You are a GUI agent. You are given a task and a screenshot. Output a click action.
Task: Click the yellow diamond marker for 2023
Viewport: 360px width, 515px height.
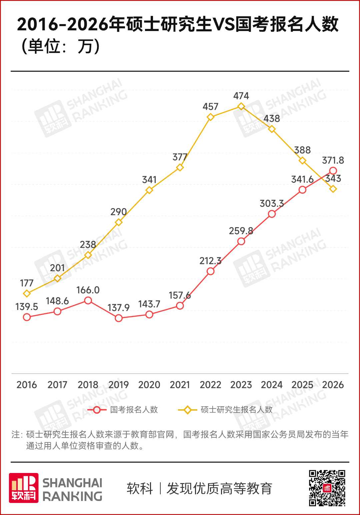click(x=241, y=106)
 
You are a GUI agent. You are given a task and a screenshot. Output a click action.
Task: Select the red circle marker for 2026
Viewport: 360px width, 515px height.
click(x=333, y=171)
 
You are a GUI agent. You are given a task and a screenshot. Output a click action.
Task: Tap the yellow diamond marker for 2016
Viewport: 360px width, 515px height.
click(x=27, y=294)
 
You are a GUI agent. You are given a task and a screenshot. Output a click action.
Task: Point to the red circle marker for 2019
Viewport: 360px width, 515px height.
click(x=119, y=318)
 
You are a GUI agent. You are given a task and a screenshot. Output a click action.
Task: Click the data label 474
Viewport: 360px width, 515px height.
click(x=241, y=96)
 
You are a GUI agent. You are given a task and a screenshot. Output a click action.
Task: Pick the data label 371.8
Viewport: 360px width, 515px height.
click(x=333, y=160)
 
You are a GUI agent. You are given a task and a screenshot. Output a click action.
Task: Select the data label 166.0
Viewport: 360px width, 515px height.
click(x=88, y=290)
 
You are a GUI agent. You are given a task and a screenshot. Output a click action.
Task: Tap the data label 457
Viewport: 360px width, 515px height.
click(x=210, y=107)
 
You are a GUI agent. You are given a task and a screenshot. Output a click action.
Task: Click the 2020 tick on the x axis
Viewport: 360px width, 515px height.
click(x=149, y=385)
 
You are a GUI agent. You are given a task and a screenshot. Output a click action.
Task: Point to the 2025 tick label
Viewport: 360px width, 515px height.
click(x=302, y=385)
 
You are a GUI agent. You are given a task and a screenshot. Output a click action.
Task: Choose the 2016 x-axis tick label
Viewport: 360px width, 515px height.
click(x=27, y=385)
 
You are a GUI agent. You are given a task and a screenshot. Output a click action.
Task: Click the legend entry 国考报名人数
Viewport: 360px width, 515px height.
click(x=134, y=410)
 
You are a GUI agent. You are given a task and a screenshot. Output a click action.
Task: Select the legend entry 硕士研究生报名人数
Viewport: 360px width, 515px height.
click(x=236, y=410)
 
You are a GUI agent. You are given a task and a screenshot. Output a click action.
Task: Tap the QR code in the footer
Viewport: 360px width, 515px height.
click(x=327, y=488)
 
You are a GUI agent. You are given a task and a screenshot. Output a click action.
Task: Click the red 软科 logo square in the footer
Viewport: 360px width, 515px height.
click(x=23, y=488)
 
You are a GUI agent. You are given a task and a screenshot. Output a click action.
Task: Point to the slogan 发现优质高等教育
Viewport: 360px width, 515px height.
click(x=219, y=489)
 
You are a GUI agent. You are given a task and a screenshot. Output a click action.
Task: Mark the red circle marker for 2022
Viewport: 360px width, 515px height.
click(x=210, y=271)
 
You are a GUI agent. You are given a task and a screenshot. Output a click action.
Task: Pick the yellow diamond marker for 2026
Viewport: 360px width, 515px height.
click(x=333, y=189)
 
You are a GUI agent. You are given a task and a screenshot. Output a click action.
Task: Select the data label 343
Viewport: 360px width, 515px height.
click(x=333, y=178)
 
